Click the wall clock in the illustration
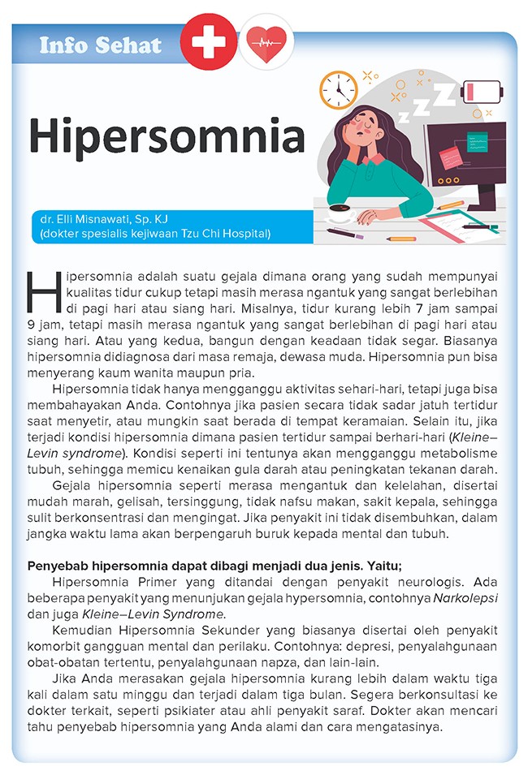(338, 91)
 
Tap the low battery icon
(482, 88)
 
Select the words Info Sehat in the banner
(101, 45)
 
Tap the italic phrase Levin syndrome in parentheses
(63, 453)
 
